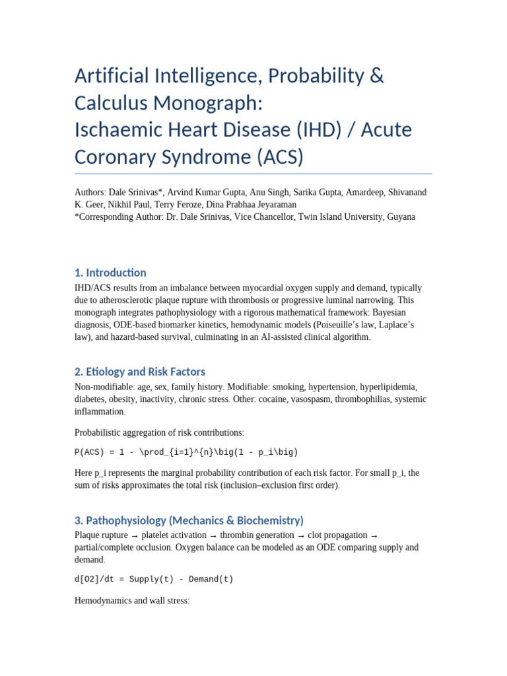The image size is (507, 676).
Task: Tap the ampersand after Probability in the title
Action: click(x=376, y=76)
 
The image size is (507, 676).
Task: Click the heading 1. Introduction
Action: click(x=110, y=273)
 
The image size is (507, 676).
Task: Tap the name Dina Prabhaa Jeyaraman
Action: click(x=259, y=205)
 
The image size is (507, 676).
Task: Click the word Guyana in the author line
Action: click(x=401, y=217)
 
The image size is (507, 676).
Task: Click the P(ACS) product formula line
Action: click(x=186, y=452)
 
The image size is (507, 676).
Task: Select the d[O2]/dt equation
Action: click(x=154, y=579)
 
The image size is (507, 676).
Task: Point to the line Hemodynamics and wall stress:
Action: click(x=132, y=601)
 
